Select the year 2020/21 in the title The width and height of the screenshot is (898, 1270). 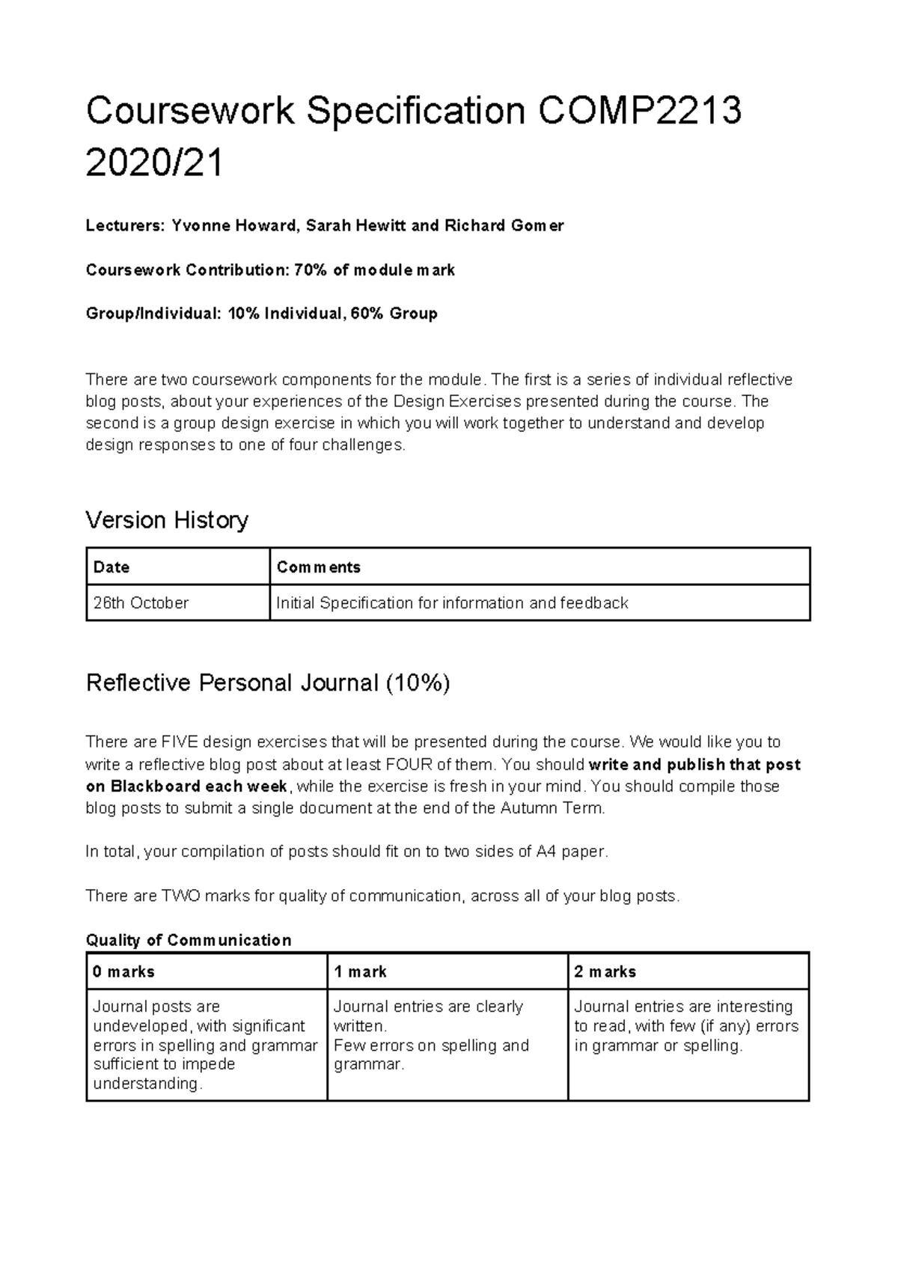pyautogui.click(x=154, y=163)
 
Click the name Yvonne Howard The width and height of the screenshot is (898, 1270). pyautogui.click(x=233, y=225)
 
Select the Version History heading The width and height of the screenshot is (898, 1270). pyautogui.click(x=167, y=519)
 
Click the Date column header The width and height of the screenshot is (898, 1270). pyautogui.click(x=112, y=567)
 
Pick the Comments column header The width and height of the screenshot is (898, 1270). pyautogui.click(x=319, y=567)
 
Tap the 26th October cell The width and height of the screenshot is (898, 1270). pyautogui.click(x=141, y=603)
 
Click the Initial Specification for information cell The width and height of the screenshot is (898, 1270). pyautogui.click(x=452, y=603)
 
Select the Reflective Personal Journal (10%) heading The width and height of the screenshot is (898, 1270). pyautogui.click(x=268, y=683)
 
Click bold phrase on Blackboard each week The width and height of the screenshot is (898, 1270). pyautogui.click(x=186, y=787)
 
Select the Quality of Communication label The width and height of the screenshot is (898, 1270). pyautogui.click(x=189, y=940)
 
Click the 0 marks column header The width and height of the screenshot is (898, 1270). pyautogui.click(x=123, y=972)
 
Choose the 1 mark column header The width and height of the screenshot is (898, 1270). pyautogui.click(x=360, y=972)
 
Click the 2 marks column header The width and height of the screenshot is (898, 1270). pyautogui.click(x=605, y=972)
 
